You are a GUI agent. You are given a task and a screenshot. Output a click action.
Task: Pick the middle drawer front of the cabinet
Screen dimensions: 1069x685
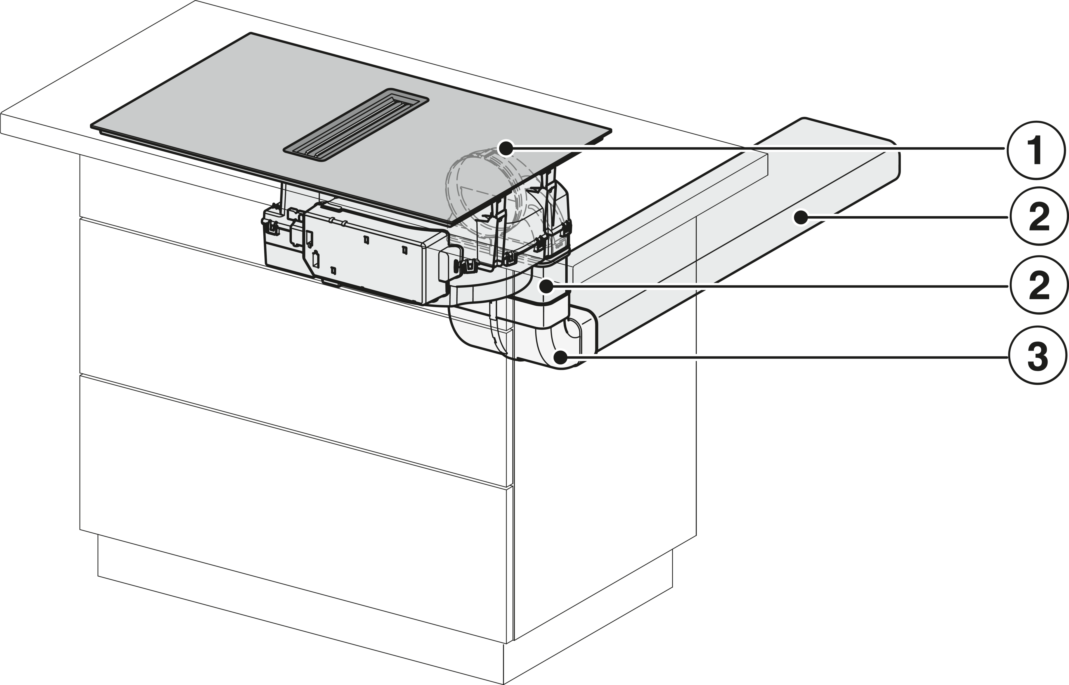[294, 351]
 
